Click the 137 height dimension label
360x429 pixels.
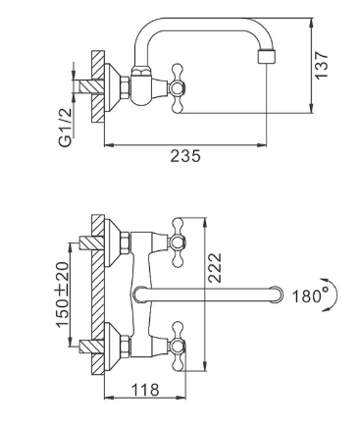coord(322,65)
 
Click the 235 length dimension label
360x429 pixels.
coord(185,156)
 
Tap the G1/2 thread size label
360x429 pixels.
coord(65,128)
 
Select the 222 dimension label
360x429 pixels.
coord(215,268)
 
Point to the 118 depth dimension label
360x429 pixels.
coord(145,390)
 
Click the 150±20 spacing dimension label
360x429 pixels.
coord(63,295)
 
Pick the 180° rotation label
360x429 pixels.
coord(306,295)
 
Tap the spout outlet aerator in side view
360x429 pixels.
coord(268,57)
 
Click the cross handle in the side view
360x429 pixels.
coord(178,88)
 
